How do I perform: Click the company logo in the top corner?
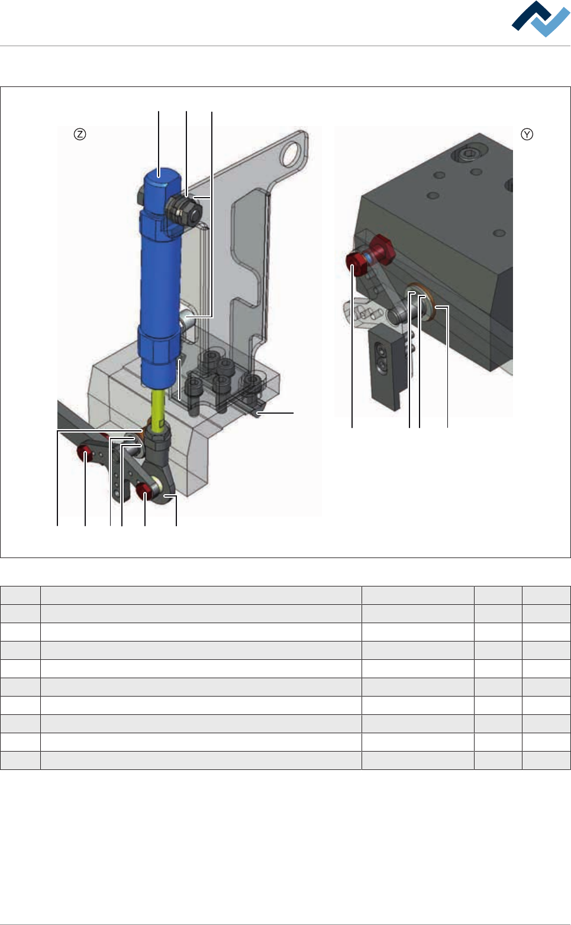coord(541,19)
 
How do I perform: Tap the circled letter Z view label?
coord(80,134)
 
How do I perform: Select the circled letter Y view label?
coord(527,134)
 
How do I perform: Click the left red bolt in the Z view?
coord(85,454)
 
